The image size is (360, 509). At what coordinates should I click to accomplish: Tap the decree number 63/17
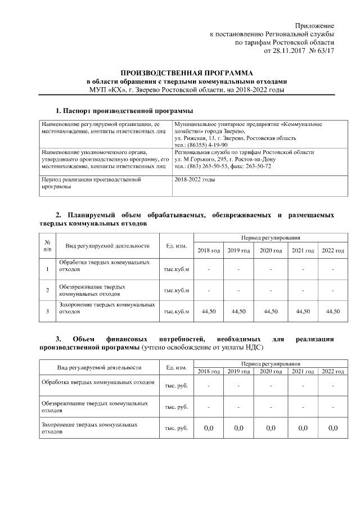click(325, 51)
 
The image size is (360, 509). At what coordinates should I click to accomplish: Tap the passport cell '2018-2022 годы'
click(195, 180)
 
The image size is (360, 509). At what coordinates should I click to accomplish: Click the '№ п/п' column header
click(47, 245)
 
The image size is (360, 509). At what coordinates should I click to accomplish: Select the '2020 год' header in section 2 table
click(271, 250)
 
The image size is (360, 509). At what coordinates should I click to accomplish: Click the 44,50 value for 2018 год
click(208, 310)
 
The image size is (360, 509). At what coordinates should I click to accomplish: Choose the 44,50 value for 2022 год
click(333, 310)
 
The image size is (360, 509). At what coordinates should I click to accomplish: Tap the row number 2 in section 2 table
click(47, 290)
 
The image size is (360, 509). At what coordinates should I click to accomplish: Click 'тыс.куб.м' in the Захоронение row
click(176, 310)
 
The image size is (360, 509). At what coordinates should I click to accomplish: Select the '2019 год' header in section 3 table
click(239, 372)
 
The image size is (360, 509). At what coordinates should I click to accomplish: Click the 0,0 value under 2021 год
click(303, 428)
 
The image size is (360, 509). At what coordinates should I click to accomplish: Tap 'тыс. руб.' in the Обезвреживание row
click(176, 407)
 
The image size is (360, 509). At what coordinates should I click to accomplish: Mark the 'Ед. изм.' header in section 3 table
click(176, 368)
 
